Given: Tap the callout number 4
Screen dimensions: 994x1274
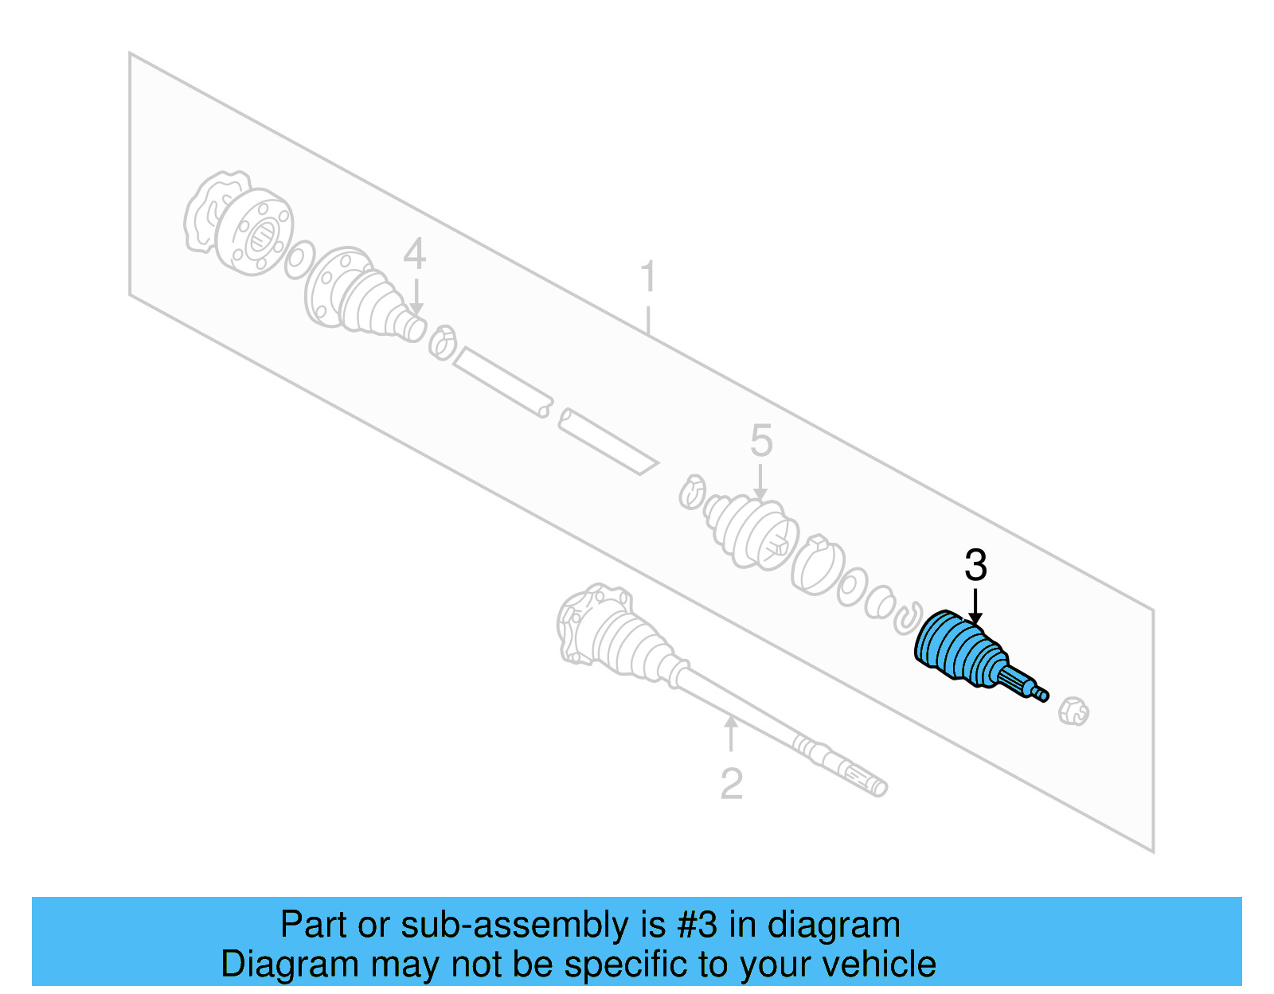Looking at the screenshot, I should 414,255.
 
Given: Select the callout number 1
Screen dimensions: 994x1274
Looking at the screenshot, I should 648,277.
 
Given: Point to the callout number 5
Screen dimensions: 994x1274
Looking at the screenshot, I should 761,441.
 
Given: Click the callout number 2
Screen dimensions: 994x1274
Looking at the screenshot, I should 731,784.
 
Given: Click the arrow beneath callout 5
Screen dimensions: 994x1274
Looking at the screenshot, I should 761,482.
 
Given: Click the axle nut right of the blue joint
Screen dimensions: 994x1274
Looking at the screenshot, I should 1073,711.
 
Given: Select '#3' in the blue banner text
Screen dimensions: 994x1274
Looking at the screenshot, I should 697,925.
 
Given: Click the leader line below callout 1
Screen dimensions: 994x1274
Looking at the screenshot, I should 648,318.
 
